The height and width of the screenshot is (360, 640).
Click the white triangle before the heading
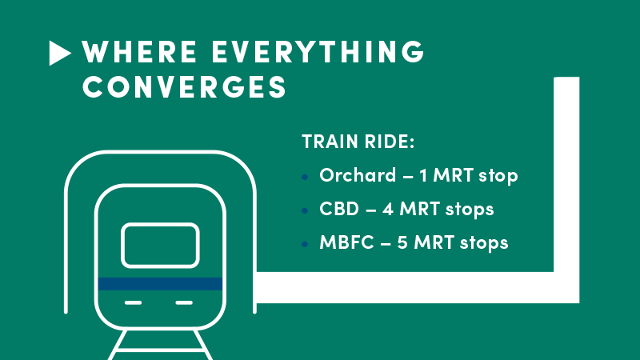pyautogui.click(x=58, y=53)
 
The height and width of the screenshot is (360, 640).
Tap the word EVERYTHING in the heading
pyautogui.click(x=318, y=52)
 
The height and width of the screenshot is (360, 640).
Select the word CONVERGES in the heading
pyautogui.click(x=185, y=86)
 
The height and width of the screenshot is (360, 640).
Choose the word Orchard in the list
pyautogui.click(x=358, y=175)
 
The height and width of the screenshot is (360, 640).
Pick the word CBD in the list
pyautogui.click(x=339, y=209)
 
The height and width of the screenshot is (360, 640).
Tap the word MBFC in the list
pyautogui.click(x=346, y=242)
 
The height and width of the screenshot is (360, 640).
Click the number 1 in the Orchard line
pyautogui.click(x=423, y=175)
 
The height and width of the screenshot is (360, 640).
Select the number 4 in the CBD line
pyautogui.click(x=388, y=209)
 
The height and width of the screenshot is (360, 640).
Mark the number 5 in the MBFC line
pyautogui.click(x=402, y=242)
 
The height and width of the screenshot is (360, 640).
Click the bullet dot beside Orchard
pyautogui.click(x=305, y=177)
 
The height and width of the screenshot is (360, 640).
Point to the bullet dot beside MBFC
pyautogui.click(x=305, y=245)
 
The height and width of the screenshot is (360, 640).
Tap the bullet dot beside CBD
pyautogui.click(x=305, y=210)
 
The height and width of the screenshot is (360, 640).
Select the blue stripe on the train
pyautogui.click(x=160, y=284)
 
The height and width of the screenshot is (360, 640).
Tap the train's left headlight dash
pyautogui.click(x=133, y=303)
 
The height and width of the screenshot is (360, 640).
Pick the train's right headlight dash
pyautogui.click(x=184, y=303)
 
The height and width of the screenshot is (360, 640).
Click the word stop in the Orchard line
pyautogui.click(x=498, y=176)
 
